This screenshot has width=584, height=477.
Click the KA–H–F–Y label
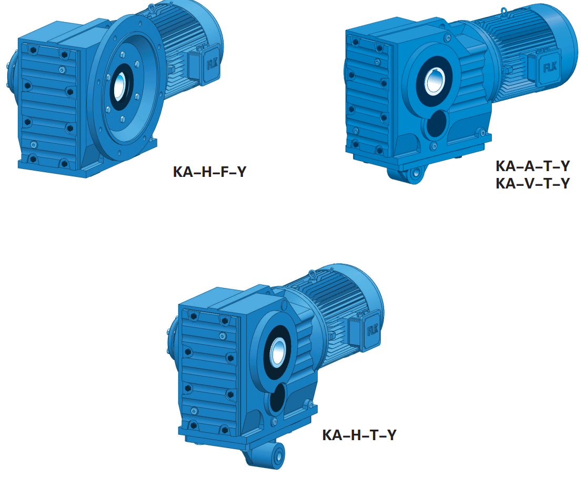click(x=209, y=172)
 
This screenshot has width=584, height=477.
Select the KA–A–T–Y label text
click(x=532, y=166)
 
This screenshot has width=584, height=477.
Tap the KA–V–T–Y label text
click(x=532, y=184)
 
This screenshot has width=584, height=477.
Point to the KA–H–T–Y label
click(x=359, y=435)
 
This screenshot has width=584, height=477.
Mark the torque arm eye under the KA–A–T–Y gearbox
click(x=416, y=174)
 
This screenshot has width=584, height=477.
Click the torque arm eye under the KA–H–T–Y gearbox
click(x=274, y=454)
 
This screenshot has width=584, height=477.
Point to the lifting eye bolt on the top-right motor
click(x=502, y=11)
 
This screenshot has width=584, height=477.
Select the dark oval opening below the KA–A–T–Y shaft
click(x=436, y=124)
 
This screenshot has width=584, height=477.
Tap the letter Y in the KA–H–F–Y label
click(x=240, y=172)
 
